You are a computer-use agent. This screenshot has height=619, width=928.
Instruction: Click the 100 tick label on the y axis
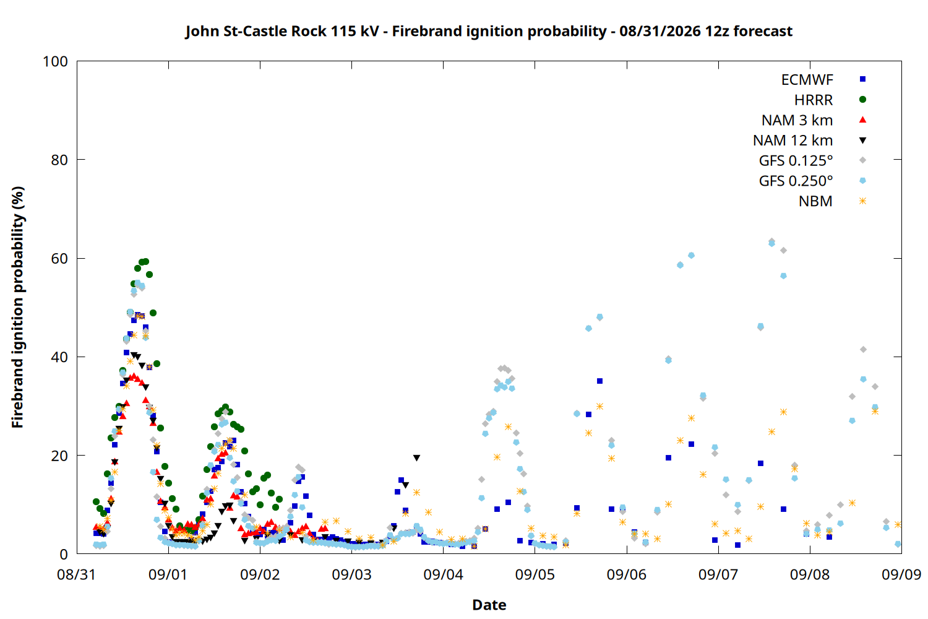55,61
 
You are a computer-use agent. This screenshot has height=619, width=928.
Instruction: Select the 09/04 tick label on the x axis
444,574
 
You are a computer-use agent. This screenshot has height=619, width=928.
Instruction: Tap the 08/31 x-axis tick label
77,574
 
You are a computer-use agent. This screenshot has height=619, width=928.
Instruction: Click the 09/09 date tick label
901,574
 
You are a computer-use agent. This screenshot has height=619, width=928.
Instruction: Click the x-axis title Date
489,605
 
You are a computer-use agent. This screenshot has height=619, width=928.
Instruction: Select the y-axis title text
17,307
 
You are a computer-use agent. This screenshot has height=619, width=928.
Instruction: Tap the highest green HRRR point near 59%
145,262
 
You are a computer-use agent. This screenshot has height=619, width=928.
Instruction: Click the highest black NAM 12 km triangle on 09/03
417,458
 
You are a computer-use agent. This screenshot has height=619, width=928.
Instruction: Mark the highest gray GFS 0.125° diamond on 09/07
771,241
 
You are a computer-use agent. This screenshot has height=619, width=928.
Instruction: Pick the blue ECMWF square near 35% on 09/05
599,381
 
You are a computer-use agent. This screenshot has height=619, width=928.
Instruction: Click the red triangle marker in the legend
862,120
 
